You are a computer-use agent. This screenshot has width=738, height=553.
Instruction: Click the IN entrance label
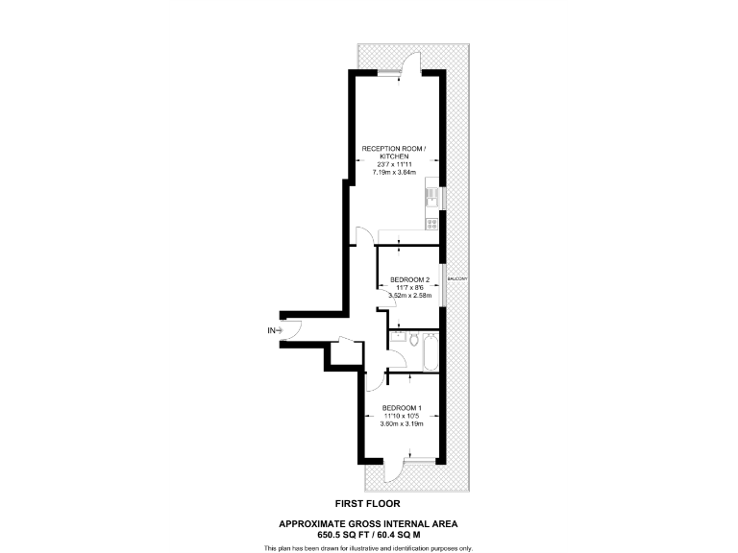273,331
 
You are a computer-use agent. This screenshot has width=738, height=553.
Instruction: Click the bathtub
431,354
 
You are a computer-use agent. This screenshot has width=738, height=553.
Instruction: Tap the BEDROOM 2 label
408,279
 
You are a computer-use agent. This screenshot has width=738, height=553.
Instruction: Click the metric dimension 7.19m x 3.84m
394,172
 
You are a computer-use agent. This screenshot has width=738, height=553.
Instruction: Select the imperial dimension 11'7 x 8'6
408,288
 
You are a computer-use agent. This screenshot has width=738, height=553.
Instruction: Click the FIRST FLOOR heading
368,503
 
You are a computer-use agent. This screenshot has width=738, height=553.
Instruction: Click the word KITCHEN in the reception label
394,156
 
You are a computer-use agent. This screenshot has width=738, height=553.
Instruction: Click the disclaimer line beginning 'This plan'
368,547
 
